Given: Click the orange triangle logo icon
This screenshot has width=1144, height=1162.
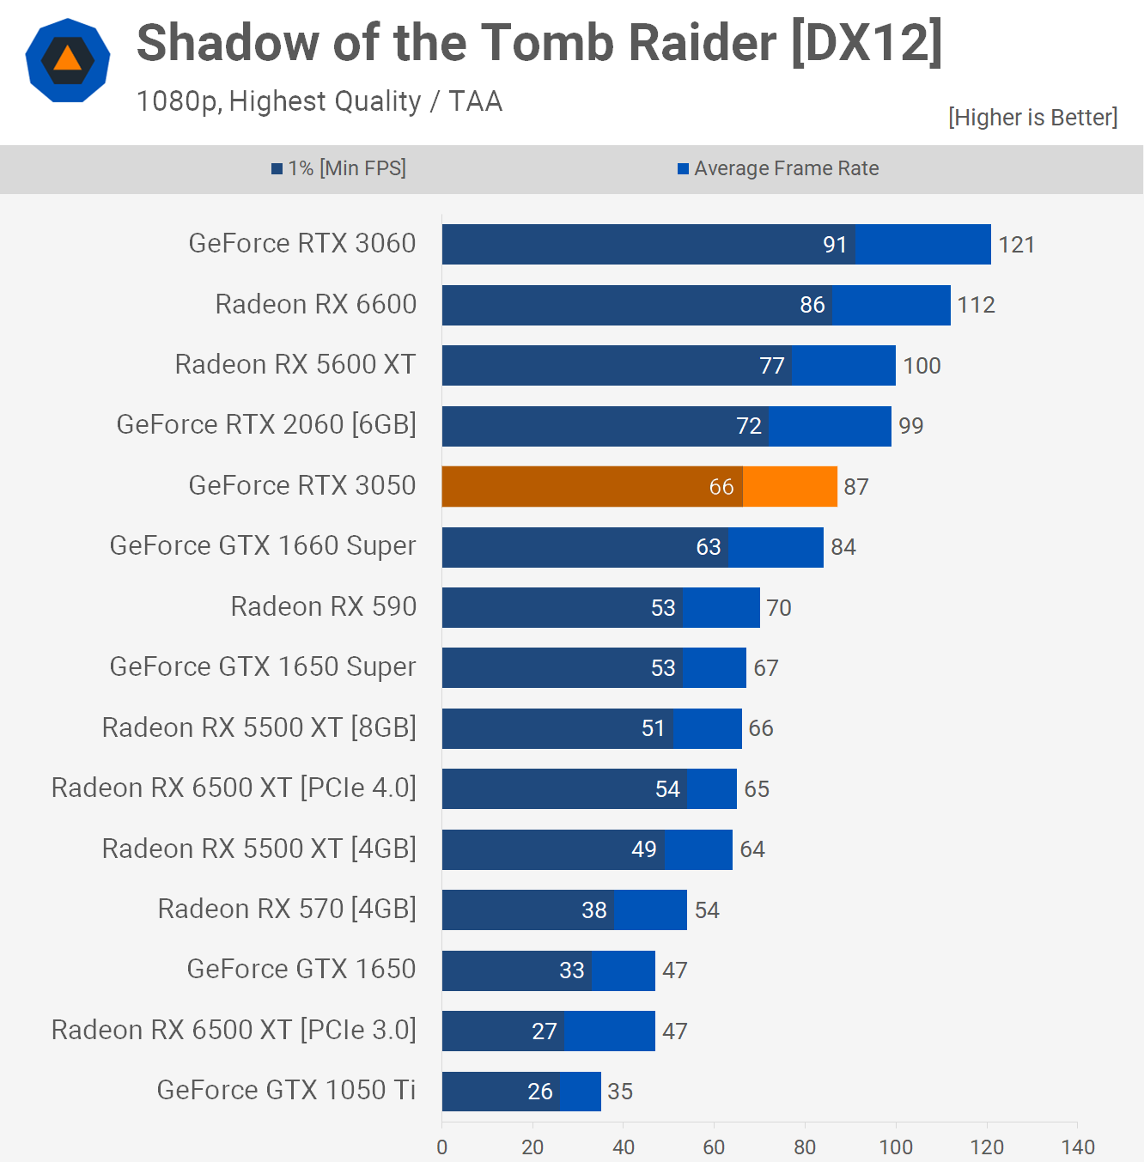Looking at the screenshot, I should tap(68, 59).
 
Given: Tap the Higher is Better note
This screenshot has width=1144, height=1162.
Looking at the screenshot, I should tap(1032, 118).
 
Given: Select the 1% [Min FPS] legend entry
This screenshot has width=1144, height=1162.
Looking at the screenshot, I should tap(339, 168).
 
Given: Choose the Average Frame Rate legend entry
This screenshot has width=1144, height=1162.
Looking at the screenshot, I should tap(778, 168).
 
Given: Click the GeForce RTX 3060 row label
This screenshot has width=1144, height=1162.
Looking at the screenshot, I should tap(302, 244).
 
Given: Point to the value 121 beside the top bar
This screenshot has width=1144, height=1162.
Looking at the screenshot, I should tap(1016, 245).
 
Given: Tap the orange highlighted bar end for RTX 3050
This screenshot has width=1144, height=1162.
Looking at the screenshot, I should tap(790, 487).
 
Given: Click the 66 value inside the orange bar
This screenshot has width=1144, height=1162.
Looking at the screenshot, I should tap(721, 487).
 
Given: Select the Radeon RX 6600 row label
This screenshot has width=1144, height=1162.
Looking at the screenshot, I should tap(315, 304).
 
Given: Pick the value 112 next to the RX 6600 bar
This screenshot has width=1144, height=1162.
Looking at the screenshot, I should tap(976, 305).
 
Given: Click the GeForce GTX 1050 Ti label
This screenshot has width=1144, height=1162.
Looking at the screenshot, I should tap(286, 1090).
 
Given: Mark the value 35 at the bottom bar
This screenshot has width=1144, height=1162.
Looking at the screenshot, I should tap(620, 1092).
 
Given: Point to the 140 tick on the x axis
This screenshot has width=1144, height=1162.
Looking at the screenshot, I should tap(1078, 1147).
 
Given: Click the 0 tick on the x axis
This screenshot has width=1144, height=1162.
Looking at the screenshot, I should tap(441, 1147).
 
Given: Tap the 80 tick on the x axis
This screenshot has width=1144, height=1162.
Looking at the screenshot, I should tap(805, 1147).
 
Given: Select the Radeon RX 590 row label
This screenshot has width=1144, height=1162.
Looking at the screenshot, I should tap(323, 606).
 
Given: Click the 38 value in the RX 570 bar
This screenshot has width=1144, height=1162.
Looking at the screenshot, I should tap(594, 910).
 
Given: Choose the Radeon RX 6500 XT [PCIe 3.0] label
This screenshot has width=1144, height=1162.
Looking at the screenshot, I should tap(234, 1030).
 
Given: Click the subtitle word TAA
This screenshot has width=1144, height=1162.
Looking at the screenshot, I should tap(475, 101).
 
